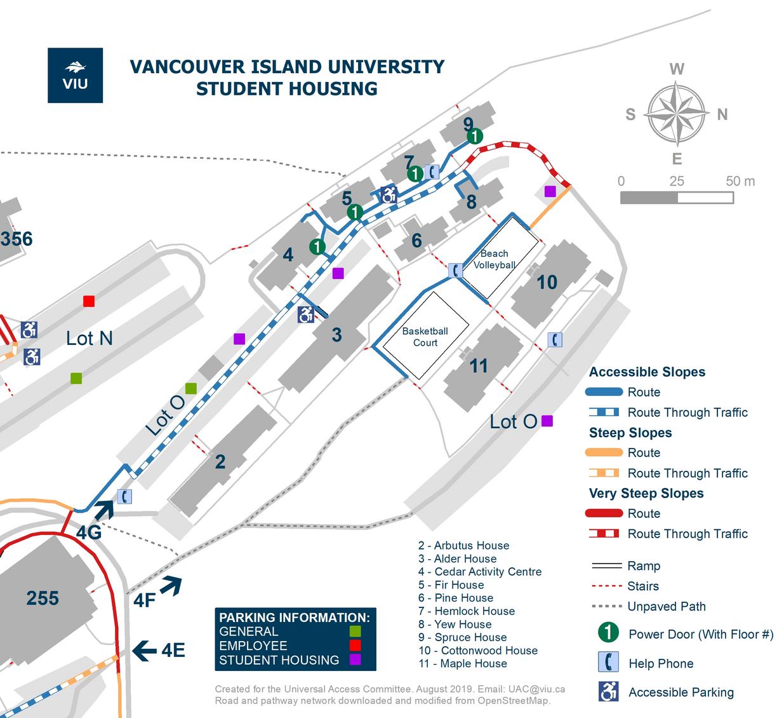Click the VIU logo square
(75, 75)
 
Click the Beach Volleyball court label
(494, 259)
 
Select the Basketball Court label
(425, 337)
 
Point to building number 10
(547, 282)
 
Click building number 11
(478, 366)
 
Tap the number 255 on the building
(43, 598)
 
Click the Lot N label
(89, 339)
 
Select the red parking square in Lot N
(89, 301)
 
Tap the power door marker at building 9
(474, 136)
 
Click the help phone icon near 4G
(125, 496)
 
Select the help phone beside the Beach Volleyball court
(456, 270)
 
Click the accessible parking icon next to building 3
(306, 314)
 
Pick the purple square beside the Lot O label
(547, 421)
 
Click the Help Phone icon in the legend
(608, 662)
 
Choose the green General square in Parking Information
(355, 632)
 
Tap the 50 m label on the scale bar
(740, 181)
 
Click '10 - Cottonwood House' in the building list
(478, 651)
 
